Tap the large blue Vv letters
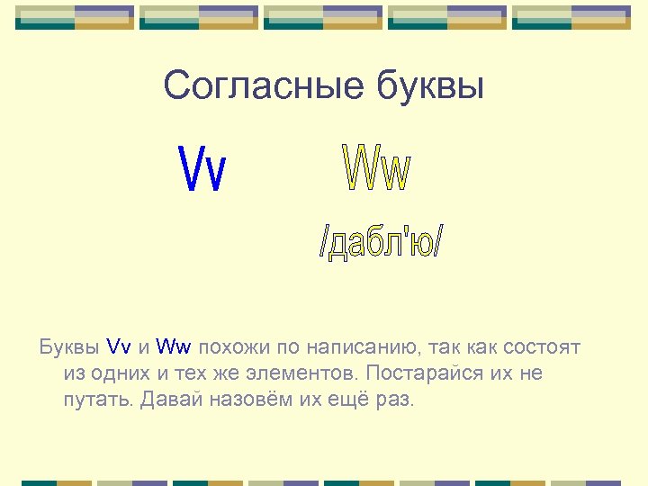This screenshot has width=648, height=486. point(203,168)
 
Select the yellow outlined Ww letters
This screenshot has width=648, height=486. point(377,169)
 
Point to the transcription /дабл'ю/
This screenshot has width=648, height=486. point(382,240)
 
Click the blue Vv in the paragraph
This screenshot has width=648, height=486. point(119,346)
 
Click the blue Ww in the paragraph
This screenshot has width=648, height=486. point(174,346)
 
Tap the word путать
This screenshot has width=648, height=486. point(98,400)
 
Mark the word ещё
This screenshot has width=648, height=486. point(346,399)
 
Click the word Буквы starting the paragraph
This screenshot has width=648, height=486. point(69,346)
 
